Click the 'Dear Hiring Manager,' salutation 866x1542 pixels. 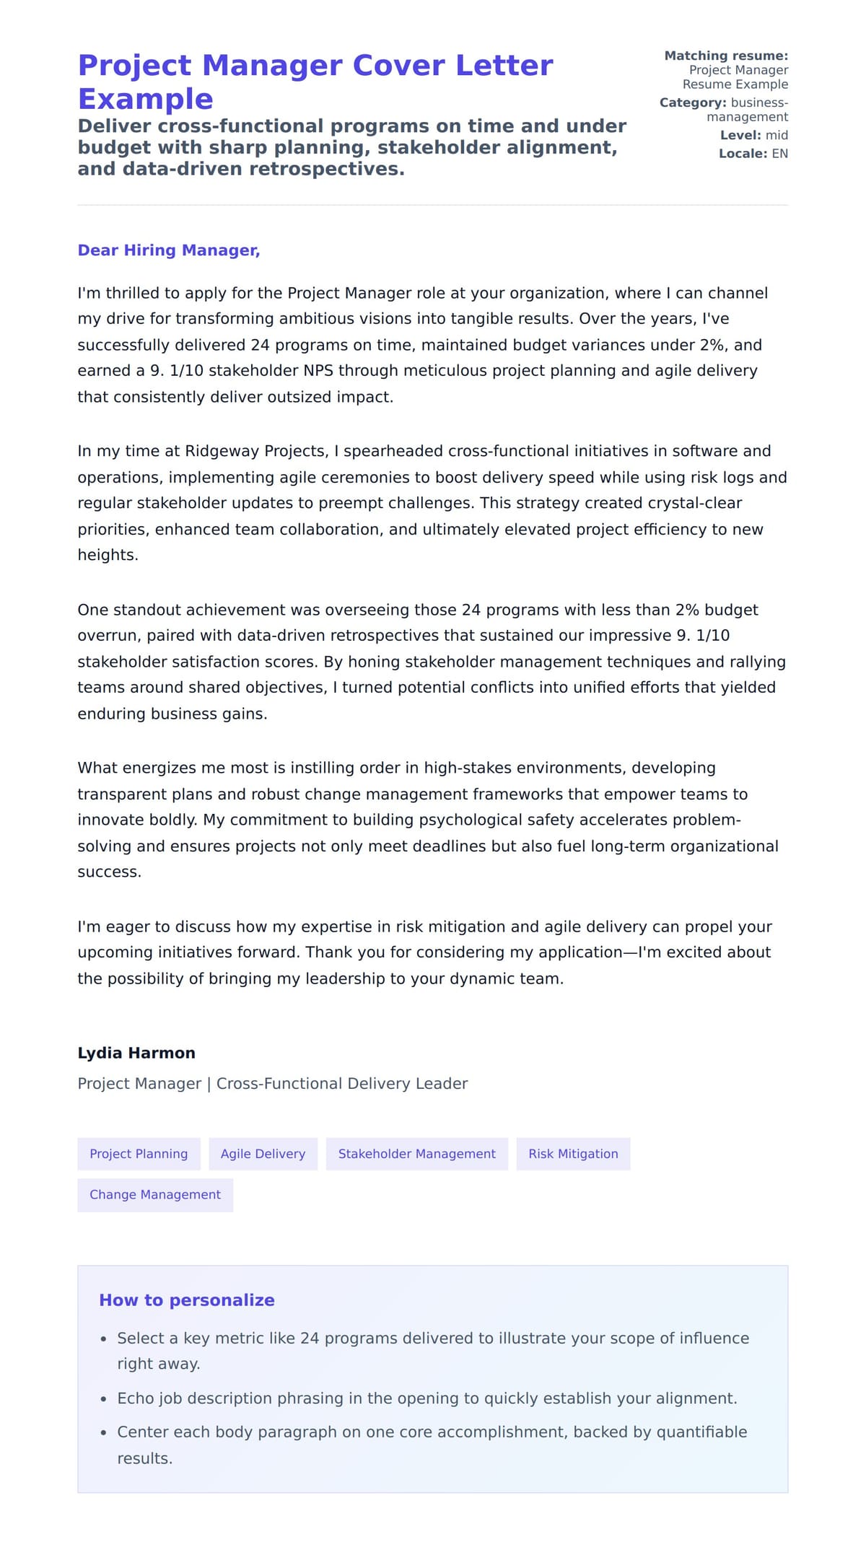(x=168, y=250)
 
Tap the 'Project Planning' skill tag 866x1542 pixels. (x=139, y=1154)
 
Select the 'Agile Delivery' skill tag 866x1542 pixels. (x=263, y=1154)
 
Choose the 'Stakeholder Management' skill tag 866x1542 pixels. (x=416, y=1154)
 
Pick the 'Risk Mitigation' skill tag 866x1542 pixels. (x=573, y=1154)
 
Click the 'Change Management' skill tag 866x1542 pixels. (x=155, y=1195)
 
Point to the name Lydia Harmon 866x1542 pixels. (x=136, y=1053)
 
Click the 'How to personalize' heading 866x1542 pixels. (x=187, y=1300)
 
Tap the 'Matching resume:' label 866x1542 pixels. (x=726, y=56)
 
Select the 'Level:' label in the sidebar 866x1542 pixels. (x=740, y=135)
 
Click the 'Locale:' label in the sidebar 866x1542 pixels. (x=743, y=154)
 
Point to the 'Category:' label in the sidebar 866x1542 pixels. (x=692, y=102)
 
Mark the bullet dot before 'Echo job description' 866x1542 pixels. (x=103, y=1399)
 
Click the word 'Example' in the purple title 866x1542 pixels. (x=145, y=99)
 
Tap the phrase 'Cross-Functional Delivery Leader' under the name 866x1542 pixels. (x=342, y=1084)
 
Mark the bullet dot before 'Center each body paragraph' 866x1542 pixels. (x=103, y=1433)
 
